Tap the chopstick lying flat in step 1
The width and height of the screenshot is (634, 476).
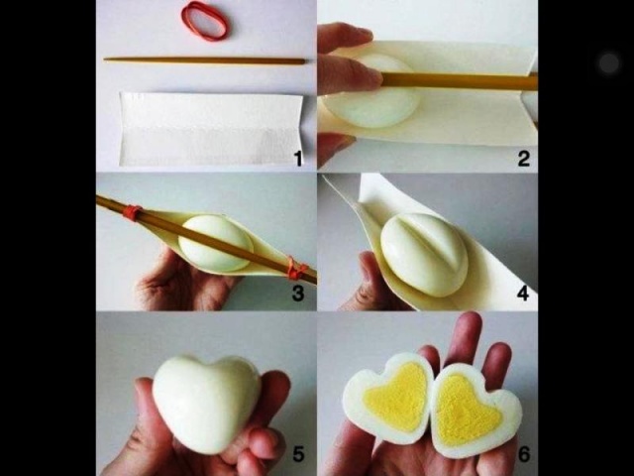[205, 60]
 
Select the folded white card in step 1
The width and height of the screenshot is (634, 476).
[210, 129]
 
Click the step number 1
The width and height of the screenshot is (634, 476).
[298, 159]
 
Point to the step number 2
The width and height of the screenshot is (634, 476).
[524, 159]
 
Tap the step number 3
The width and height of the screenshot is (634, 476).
[298, 294]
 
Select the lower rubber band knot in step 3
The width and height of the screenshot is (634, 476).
[296, 269]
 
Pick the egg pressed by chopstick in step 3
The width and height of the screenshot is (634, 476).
[216, 244]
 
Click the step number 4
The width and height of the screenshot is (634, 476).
[523, 294]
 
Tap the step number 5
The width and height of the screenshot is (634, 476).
[298, 454]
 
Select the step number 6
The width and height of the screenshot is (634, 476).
[524, 454]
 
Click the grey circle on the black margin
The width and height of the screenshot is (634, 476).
[609, 62]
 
